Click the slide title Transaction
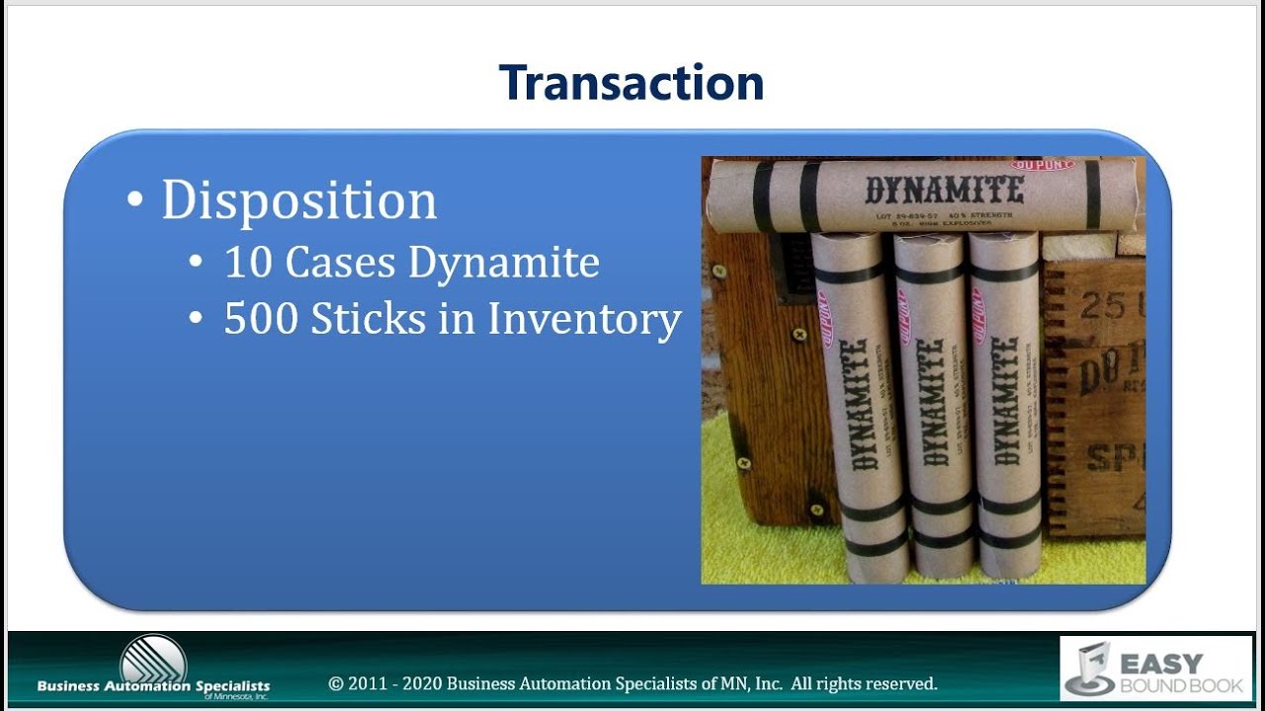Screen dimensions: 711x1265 (x=632, y=83)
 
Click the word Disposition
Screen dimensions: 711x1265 (x=298, y=199)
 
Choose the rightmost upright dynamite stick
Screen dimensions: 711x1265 (x=1004, y=405)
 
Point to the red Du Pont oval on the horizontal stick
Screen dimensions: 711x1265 (x=1042, y=164)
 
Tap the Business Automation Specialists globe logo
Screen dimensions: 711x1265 (x=152, y=659)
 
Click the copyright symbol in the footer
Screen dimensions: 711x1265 (x=336, y=683)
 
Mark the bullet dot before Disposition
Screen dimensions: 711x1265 (x=135, y=200)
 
